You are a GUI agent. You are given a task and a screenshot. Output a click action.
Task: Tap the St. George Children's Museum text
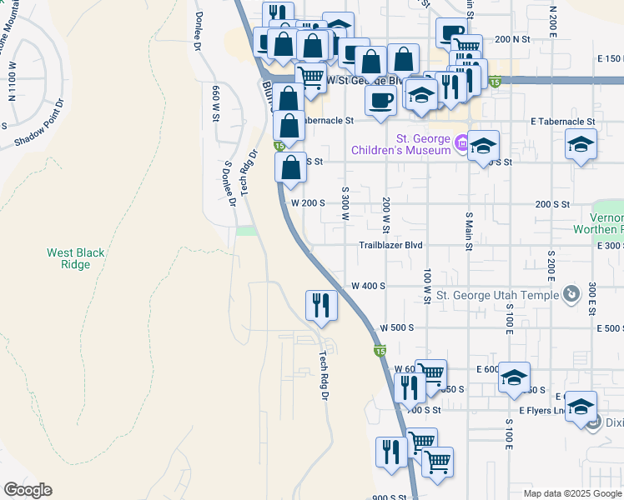click(x=424, y=145)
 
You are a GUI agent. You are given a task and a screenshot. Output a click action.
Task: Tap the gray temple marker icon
click(x=571, y=294)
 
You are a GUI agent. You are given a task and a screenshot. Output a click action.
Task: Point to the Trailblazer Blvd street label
click(x=391, y=246)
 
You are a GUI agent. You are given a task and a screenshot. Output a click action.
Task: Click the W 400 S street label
click(x=368, y=286)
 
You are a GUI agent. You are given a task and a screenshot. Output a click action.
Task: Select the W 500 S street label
click(x=396, y=328)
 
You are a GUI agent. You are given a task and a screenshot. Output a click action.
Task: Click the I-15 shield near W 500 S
click(x=380, y=352)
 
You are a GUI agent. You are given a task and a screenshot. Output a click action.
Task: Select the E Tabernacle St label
click(x=563, y=121)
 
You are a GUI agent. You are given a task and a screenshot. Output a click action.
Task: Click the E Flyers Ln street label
click(x=541, y=411)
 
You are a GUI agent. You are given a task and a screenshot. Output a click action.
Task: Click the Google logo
click(x=27, y=490)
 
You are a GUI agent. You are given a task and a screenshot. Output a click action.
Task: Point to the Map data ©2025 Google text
click(x=571, y=493)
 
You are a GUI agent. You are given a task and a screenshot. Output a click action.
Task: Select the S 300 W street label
click(x=345, y=203)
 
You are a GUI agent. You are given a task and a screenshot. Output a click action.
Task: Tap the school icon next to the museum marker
click(x=483, y=147)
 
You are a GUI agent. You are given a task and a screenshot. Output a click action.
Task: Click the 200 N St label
click(x=512, y=39)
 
